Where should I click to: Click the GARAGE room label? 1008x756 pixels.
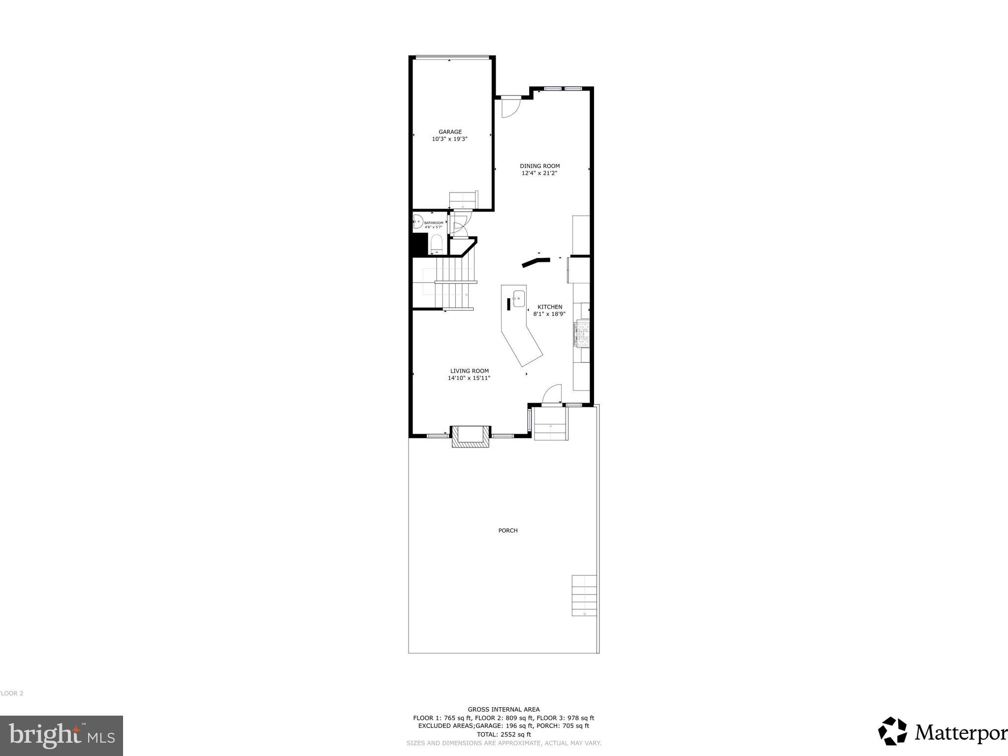click(x=450, y=132)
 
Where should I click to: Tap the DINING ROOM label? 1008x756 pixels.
click(x=539, y=166)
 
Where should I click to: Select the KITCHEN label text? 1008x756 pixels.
click(x=549, y=307)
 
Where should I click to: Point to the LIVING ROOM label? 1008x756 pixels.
click(x=469, y=371)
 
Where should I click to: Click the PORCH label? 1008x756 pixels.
click(x=508, y=531)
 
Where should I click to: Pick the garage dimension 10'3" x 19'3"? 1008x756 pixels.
click(x=449, y=139)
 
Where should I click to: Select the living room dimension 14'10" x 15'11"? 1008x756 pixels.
click(x=469, y=378)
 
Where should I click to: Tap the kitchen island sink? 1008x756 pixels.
click(x=518, y=298)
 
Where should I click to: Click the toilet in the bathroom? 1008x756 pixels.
click(x=436, y=244)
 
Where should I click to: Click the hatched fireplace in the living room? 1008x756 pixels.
click(x=471, y=437)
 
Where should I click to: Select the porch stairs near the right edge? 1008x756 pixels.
click(x=584, y=596)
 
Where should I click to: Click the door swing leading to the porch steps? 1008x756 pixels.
click(x=553, y=393)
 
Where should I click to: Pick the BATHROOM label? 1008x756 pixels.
click(x=434, y=223)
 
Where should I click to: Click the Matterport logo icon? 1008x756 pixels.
click(x=892, y=731)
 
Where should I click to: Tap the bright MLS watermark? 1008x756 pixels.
click(x=62, y=735)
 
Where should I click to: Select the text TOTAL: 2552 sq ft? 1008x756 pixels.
click(x=504, y=734)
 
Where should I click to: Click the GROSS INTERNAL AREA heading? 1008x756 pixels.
click(x=504, y=709)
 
